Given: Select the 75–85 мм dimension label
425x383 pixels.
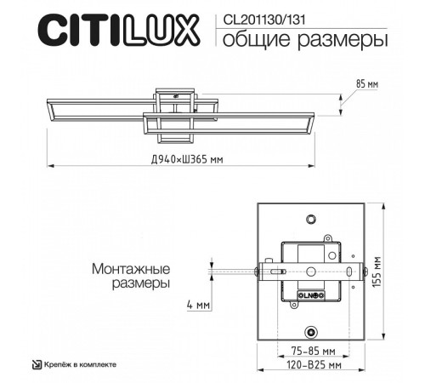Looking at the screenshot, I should [309, 350].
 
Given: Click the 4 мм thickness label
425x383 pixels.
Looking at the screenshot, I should [197, 305].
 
